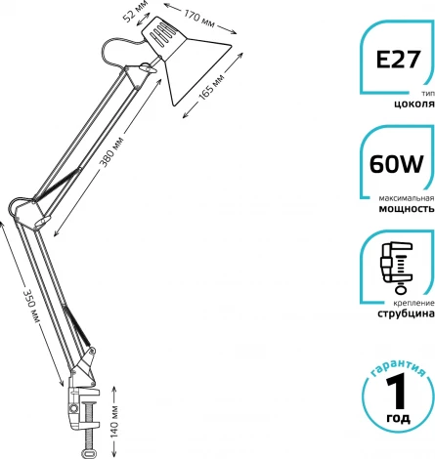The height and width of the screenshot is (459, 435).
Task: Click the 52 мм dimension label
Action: coord(136,12)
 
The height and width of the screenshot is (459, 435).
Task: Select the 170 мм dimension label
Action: coord(199,19)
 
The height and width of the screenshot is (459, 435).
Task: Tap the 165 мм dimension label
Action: coord(211,87)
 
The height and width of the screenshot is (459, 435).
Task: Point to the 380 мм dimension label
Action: coord(111,152)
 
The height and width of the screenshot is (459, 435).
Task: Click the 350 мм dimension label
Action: coord(31,306)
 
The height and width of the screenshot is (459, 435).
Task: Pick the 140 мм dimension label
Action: coord(115,422)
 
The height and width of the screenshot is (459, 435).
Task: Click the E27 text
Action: coord(398,60)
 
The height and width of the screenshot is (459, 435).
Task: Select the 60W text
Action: coord(396,164)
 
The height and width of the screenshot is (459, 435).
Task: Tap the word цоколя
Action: coord(414,104)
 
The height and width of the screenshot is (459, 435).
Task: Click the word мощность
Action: coord(407,209)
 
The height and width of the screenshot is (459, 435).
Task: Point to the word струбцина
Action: coord(406,313)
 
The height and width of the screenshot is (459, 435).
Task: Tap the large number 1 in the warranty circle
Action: coord(397,392)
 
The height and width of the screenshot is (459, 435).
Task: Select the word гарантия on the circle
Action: coord(398,368)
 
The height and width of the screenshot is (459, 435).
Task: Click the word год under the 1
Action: coord(398,418)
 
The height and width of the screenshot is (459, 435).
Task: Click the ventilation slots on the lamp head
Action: coord(162,33)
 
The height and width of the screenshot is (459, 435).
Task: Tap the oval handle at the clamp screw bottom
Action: coord(89,453)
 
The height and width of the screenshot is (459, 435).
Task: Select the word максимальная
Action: coord(407,198)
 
